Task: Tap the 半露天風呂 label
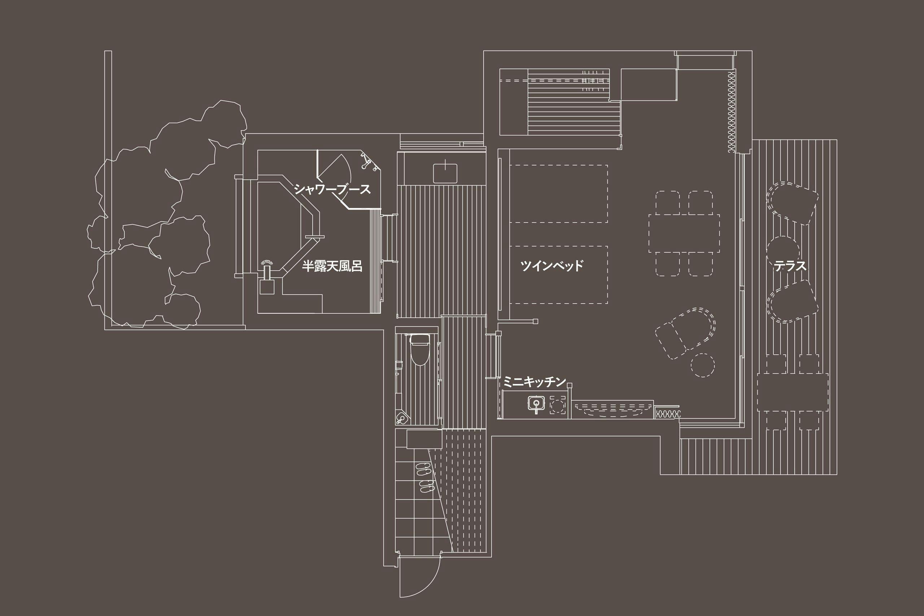332,266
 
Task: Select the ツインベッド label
552,266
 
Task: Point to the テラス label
790,266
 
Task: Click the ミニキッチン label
535,381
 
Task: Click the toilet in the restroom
419,349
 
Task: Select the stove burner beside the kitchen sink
558,405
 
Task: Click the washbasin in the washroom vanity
445,173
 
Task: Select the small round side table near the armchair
702,365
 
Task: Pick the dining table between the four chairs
684,233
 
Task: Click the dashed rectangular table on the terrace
793,392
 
